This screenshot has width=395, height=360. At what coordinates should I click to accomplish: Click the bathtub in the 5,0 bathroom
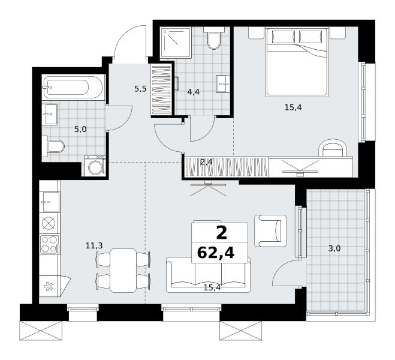73,87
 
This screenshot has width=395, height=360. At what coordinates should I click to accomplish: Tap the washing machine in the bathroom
95,166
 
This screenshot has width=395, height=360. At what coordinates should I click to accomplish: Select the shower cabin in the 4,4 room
176,43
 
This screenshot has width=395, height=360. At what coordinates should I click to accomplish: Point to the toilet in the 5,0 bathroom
53,146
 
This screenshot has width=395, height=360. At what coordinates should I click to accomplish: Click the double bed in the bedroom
297,62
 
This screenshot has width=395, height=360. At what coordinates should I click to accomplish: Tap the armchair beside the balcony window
270,230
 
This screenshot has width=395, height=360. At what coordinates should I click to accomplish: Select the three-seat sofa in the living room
208,275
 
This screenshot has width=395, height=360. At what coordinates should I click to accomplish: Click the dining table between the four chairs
123,271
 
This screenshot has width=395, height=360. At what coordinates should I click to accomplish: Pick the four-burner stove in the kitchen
49,244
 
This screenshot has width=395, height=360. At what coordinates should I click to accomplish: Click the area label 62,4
216,253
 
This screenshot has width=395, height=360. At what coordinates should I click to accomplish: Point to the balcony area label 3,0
334,249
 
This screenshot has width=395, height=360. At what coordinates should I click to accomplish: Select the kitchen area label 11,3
94,245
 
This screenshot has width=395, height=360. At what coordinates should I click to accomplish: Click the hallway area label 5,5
140,89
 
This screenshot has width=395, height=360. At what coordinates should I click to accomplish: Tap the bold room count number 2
222,233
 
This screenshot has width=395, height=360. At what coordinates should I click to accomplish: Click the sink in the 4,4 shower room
223,83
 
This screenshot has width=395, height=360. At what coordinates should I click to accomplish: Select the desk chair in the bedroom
333,149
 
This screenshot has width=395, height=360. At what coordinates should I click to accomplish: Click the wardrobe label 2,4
206,163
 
